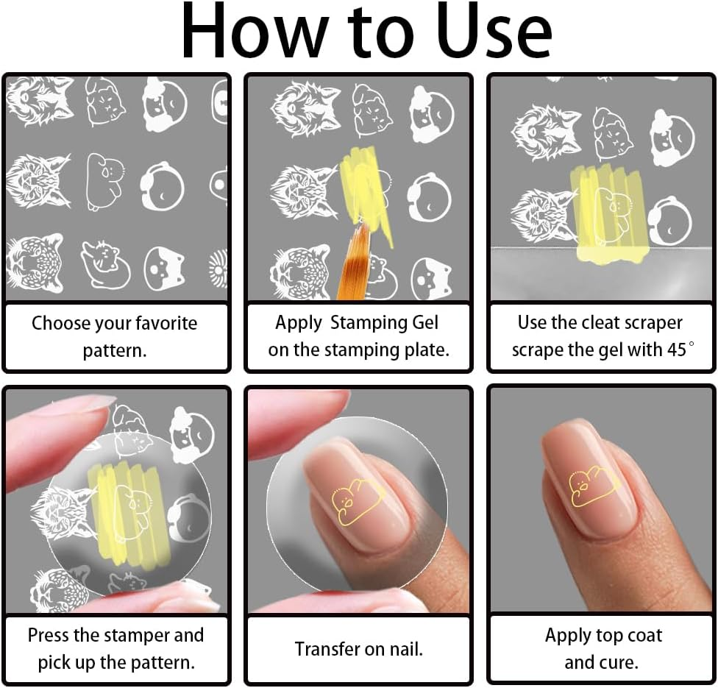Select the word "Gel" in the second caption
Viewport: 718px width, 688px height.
425,323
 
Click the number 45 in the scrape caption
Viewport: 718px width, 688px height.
676,350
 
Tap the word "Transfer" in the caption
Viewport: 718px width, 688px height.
327,649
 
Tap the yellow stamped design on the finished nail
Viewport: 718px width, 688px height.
594,486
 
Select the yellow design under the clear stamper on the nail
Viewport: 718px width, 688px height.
358,502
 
